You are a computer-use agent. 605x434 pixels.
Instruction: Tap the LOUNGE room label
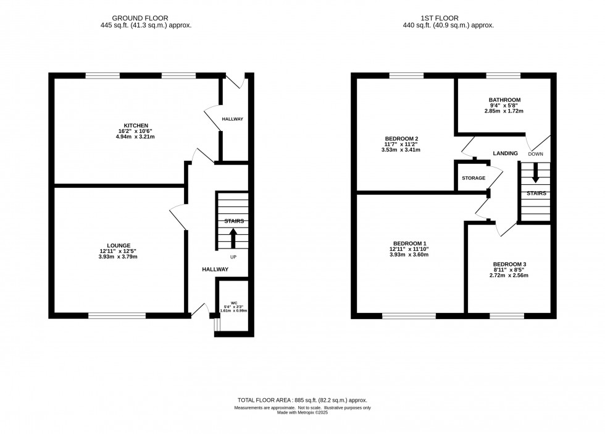[119, 245]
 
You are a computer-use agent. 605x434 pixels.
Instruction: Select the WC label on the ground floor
[234, 303]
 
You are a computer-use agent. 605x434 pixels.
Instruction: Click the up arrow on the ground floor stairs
[233, 238]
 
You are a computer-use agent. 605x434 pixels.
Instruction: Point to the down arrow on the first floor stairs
[535, 172]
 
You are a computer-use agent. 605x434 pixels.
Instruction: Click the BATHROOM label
[505, 100]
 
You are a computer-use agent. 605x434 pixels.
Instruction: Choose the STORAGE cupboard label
[474, 178]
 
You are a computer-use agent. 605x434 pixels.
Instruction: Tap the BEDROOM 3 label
[509, 265]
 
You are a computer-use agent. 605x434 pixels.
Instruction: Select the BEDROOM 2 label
[402, 138]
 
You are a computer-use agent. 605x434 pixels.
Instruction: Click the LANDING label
[505, 153]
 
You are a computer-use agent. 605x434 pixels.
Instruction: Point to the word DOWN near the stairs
[536, 154]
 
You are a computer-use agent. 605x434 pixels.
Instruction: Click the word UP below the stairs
[233, 257]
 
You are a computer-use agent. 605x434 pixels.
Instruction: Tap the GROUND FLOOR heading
[140, 18]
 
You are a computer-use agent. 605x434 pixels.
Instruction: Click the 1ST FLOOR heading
[440, 18]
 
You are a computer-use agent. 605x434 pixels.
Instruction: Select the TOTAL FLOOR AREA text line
[302, 401]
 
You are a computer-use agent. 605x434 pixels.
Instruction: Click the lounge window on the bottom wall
[117, 316]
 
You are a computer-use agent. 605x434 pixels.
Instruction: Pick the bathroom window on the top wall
[503, 75]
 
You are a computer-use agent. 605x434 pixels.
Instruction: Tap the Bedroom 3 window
[507, 316]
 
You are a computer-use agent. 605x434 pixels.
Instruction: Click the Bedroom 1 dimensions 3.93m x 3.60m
[409, 255]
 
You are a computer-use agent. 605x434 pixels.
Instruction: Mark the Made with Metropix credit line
[302, 412]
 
